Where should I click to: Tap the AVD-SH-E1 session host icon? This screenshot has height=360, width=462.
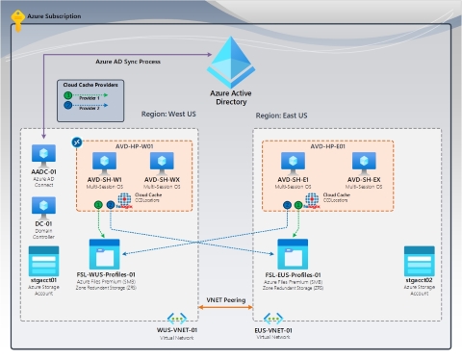click(293, 162)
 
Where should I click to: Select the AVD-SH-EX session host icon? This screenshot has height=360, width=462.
click(362, 162)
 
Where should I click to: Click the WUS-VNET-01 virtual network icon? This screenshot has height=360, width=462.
click(177, 318)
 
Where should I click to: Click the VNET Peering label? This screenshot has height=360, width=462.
click(226, 301)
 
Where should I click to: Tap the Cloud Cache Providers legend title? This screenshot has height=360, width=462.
click(89, 84)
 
